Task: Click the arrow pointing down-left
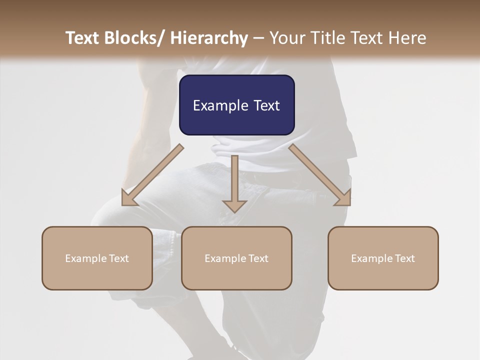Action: point(152,175)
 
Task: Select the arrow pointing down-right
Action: point(319,175)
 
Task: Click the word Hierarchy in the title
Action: point(209,38)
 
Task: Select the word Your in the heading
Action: point(286,38)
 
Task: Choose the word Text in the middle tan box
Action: point(257,258)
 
